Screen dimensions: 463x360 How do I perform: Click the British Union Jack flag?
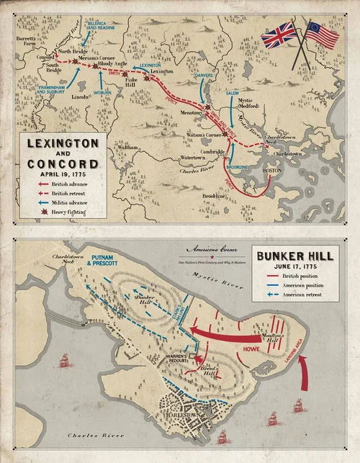[279, 35]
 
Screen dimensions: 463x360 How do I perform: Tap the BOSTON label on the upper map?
[274, 170]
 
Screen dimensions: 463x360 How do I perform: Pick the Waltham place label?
[127, 147]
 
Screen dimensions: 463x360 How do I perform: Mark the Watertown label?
[192, 156]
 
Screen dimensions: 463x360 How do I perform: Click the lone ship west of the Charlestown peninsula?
[63, 359]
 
